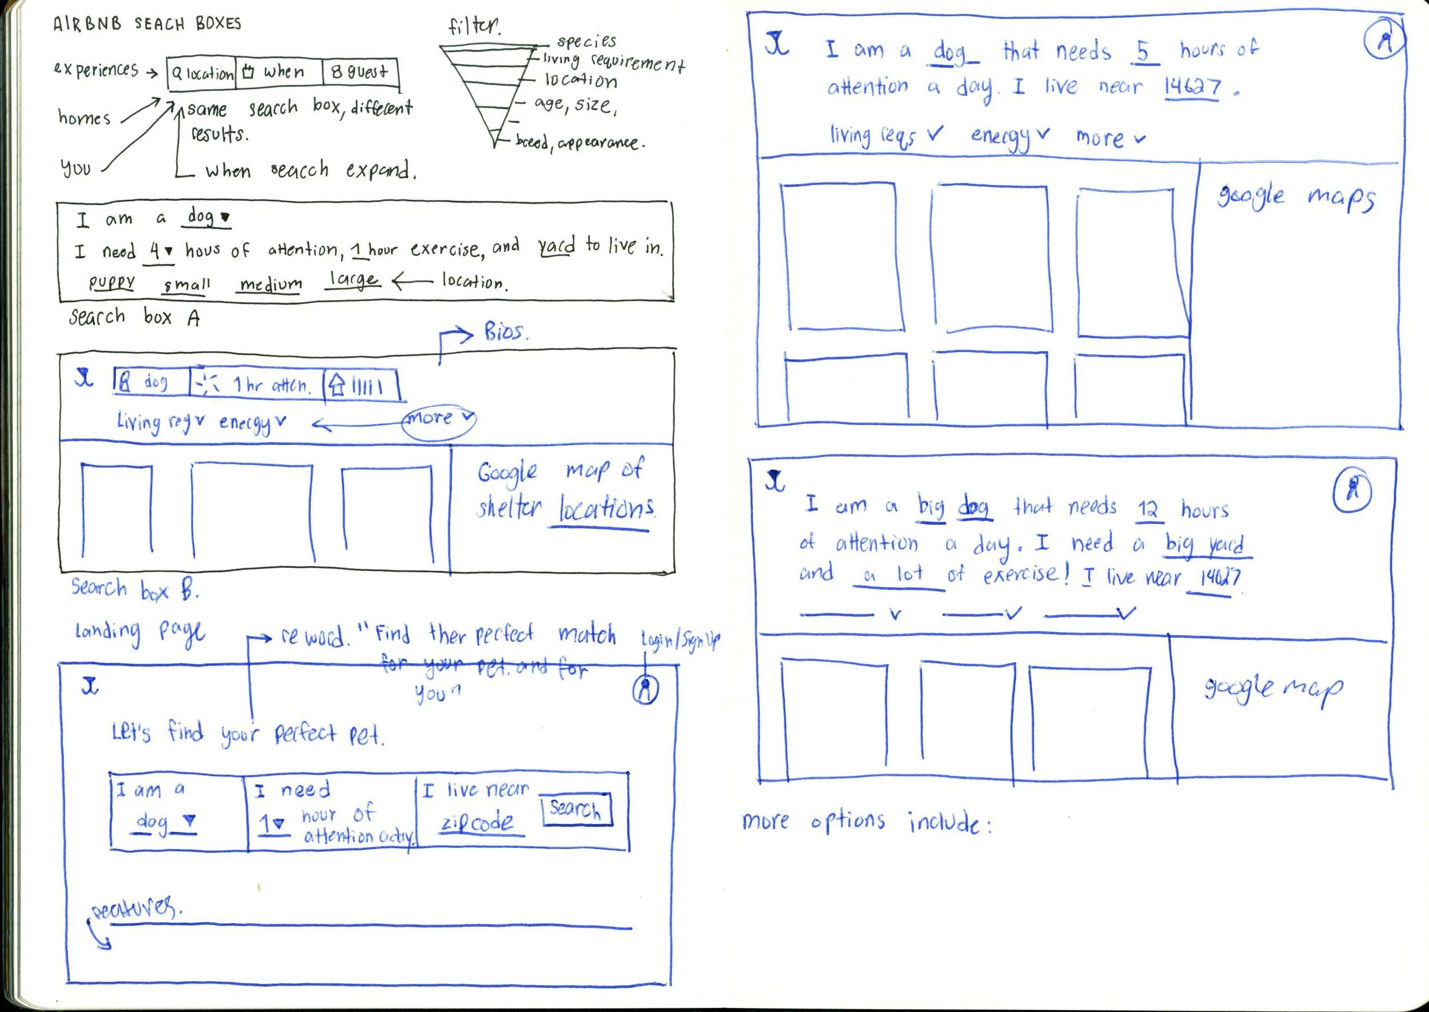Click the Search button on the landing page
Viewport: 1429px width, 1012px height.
click(x=576, y=810)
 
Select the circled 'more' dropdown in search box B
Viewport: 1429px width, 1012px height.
click(x=438, y=419)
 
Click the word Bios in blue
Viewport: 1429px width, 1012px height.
click(x=505, y=332)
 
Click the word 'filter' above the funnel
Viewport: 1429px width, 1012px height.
click(x=473, y=26)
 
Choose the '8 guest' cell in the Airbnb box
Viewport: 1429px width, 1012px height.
click(x=360, y=72)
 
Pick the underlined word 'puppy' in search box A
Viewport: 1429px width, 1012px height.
click(x=111, y=282)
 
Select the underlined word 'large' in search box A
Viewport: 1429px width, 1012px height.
click(x=352, y=280)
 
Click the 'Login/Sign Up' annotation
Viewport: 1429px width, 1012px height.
click(x=680, y=639)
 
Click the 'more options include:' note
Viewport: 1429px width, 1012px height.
click(x=866, y=823)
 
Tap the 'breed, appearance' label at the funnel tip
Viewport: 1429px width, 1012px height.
click(x=580, y=143)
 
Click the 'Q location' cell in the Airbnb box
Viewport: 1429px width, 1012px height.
click(x=202, y=74)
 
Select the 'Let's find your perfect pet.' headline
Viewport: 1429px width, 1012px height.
click(x=248, y=734)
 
